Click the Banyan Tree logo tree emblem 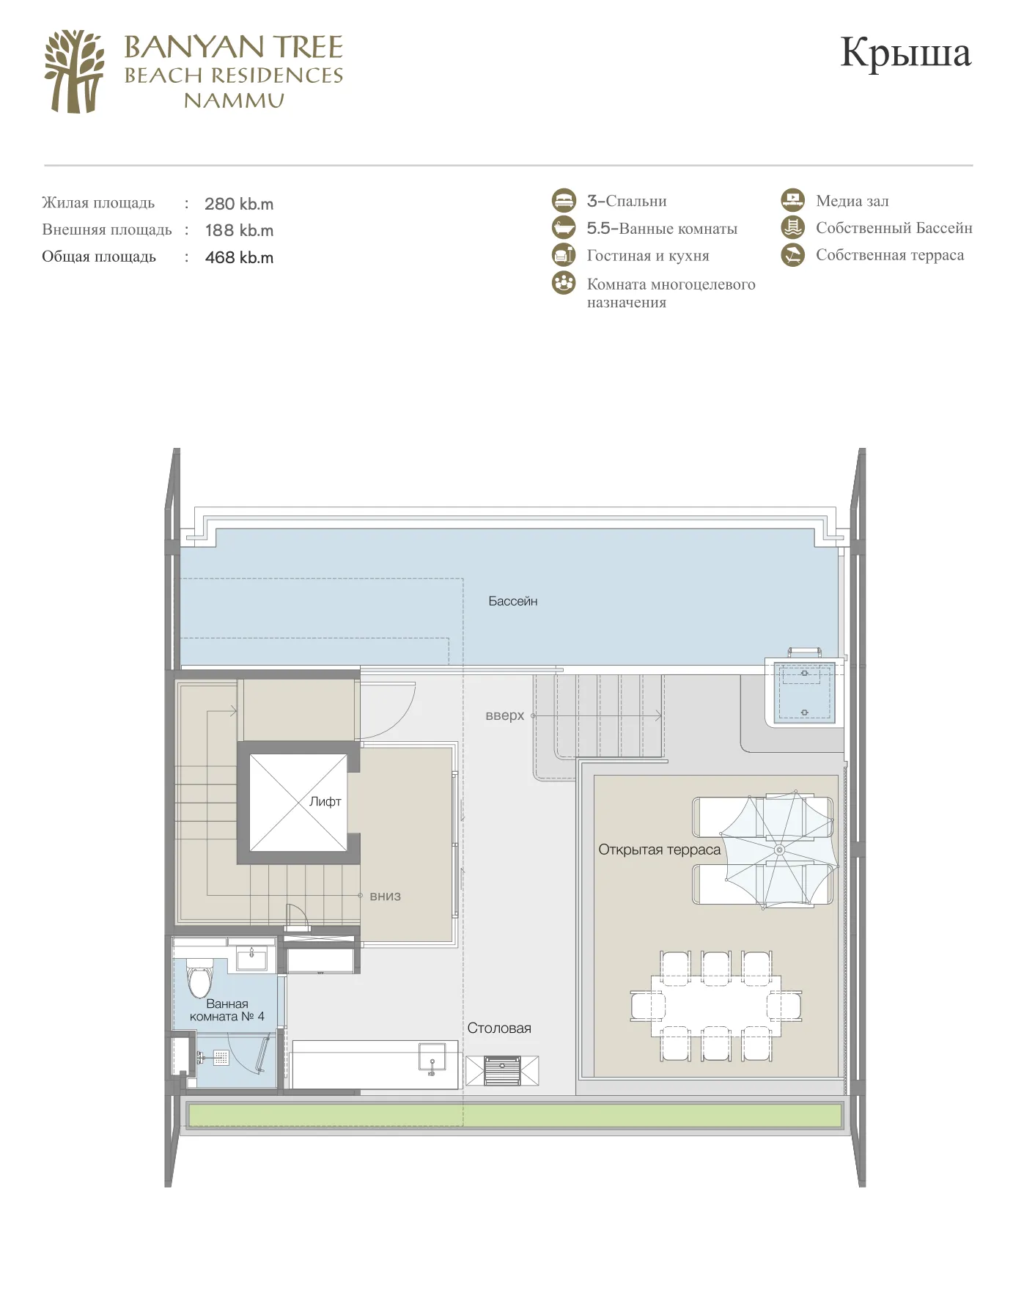(x=74, y=71)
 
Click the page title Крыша (x=906, y=52)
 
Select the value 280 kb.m (x=239, y=204)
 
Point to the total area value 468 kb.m (x=239, y=257)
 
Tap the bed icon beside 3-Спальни (x=564, y=201)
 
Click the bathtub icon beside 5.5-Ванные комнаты (x=564, y=228)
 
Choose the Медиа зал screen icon (x=792, y=200)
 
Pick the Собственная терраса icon (x=792, y=255)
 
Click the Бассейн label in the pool (x=513, y=601)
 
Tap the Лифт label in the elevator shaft (x=325, y=801)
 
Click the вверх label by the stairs (x=505, y=715)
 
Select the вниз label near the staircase (x=386, y=896)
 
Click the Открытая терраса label (x=660, y=850)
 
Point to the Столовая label (x=499, y=1028)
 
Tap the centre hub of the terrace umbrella (x=779, y=850)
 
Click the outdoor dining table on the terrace (x=716, y=1006)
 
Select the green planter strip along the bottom (x=515, y=1116)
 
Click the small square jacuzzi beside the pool (x=804, y=693)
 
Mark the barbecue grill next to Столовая (x=502, y=1070)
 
